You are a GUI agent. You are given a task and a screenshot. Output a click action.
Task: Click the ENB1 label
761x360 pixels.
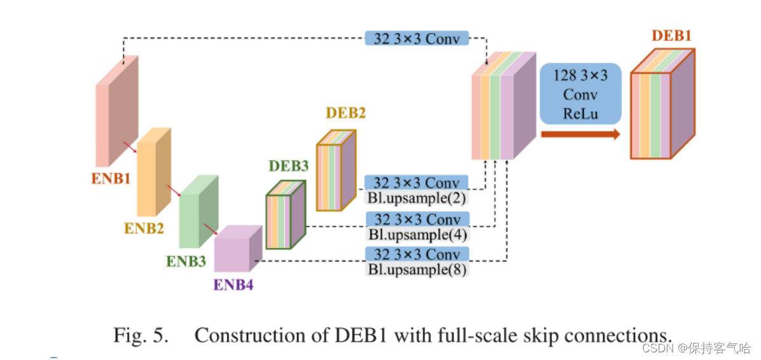[x=111, y=178]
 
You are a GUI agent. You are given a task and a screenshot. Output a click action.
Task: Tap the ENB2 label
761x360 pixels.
[x=144, y=228]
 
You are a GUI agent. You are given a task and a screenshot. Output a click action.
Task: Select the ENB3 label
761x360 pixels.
[x=186, y=261]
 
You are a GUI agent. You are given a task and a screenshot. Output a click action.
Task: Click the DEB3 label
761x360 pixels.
[x=288, y=166]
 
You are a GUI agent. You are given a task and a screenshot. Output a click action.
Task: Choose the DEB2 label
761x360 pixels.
[x=346, y=113]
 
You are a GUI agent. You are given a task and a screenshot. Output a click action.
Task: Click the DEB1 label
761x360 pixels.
[x=671, y=36]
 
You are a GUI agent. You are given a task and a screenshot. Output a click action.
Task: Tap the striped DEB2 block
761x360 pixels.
[x=335, y=171]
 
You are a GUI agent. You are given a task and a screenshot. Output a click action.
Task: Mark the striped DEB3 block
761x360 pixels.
[x=285, y=216]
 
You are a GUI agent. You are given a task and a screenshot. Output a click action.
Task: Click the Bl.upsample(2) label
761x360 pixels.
[x=417, y=198]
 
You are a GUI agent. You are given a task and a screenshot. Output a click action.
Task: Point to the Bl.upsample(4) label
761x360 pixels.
[x=417, y=234]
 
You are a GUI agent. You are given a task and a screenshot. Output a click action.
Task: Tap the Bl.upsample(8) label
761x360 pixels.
[x=417, y=269]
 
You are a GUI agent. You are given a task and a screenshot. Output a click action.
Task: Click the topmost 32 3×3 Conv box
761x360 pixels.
[x=417, y=38]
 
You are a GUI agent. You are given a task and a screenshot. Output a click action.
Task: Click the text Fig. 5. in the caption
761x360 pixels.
[x=141, y=335]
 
